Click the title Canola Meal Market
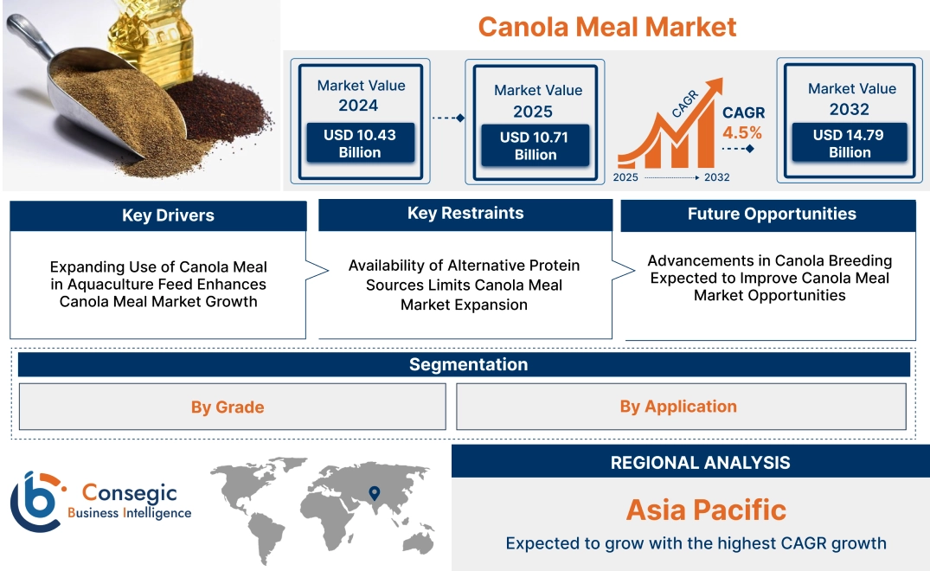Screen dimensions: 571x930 click(x=606, y=26)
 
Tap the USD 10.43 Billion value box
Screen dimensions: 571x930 click(x=359, y=144)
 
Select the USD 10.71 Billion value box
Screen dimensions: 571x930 click(x=535, y=145)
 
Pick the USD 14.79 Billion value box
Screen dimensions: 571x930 click(x=850, y=144)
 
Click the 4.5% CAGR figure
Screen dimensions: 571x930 click(x=742, y=132)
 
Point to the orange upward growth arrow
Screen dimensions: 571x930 click(x=675, y=121)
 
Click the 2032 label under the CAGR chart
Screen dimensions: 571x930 click(x=716, y=177)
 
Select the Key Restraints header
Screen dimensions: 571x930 click(x=465, y=214)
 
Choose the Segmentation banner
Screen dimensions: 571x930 click(x=468, y=364)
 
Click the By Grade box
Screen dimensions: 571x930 click(x=228, y=407)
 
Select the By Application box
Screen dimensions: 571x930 click(x=678, y=406)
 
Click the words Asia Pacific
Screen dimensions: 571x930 click(x=706, y=509)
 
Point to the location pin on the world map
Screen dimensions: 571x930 click(x=374, y=492)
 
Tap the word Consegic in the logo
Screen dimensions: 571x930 click(x=130, y=493)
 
